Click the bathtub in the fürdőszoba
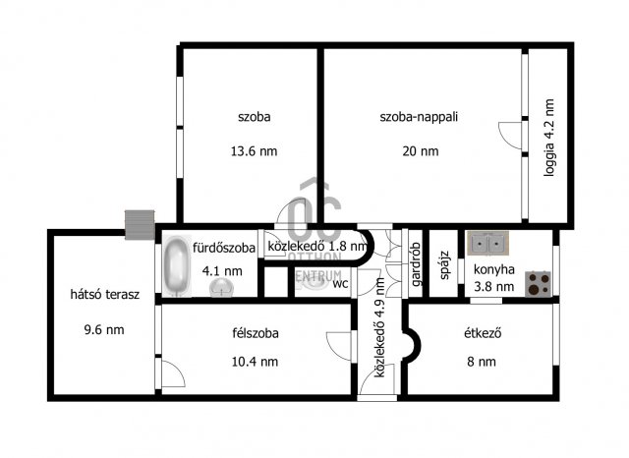click(177, 266)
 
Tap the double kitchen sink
click(487, 243)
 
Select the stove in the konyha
click(539, 284)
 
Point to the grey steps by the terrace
click(140, 225)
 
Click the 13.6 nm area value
click(254, 151)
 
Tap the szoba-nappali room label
click(419, 117)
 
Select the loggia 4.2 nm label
click(548, 138)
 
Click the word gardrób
click(416, 264)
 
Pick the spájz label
click(444, 265)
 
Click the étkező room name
click(483, 333)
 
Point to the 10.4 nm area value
click(255, 362)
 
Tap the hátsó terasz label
click(105, 295)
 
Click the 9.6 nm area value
click(104, 330)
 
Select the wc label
click(340, 283)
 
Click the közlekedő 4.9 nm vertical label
click(379, 327)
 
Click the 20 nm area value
click(421, 151)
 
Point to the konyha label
click(493, 269)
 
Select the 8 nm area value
click(482, 362)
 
